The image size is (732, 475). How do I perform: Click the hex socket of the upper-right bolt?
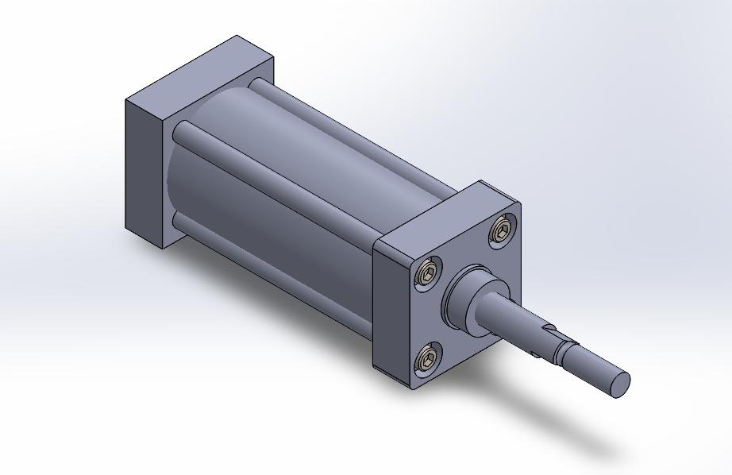click(502, 231)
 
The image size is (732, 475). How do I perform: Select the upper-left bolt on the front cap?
click(430, 275)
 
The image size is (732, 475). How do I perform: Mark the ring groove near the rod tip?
click(565, 349)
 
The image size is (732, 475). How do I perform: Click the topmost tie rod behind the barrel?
click(333, 119)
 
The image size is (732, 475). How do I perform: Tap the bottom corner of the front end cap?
click(411, 388)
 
